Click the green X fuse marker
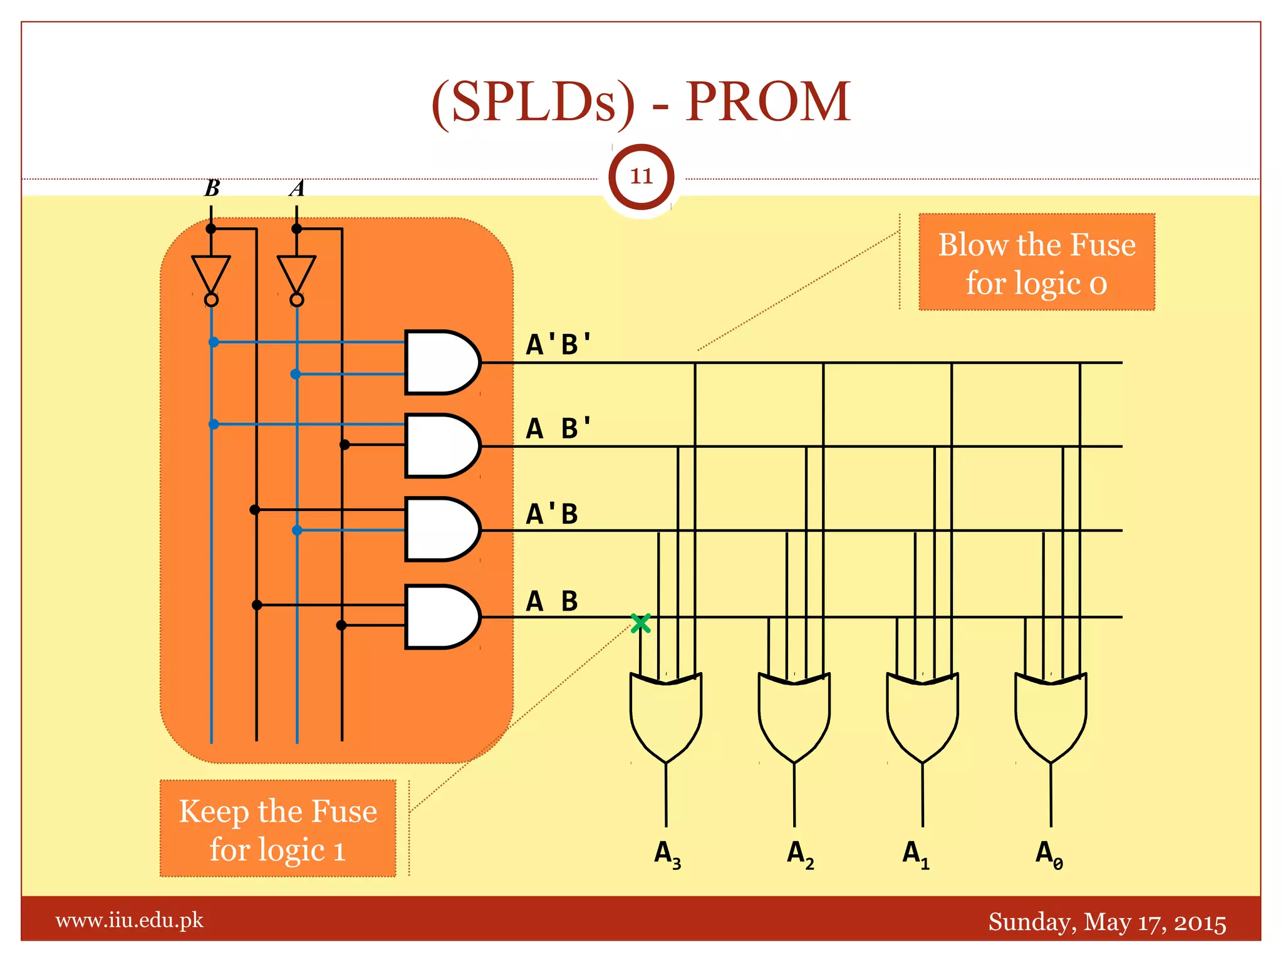(x=640, y=623)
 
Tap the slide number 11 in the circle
(x=641, y=177)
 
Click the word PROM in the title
(x=767, y=101)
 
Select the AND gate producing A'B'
(x=440, y=363)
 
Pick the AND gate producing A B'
(x=440, y=446)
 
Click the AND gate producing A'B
(x=440, y=529)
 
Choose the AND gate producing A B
(x=440, y=617)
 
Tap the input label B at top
(x=212, y=188)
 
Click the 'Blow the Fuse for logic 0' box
(x=1036, y=262)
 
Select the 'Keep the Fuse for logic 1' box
(x=278, y=829)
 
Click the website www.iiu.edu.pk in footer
(x=129, y=921)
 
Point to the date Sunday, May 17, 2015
(x=1106, y=923)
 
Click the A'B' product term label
(x=558, y=344)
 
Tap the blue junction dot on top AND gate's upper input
(x=214, y=342)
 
